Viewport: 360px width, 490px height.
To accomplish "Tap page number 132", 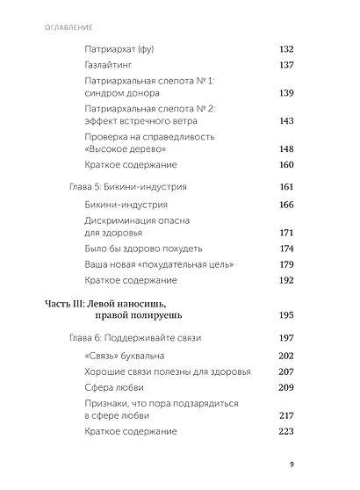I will coord(286,48).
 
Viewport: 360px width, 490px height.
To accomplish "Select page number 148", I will coord(286,149).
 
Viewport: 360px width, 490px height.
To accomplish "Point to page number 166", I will coord(286,205).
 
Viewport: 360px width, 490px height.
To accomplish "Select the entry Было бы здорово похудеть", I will coord(145,249).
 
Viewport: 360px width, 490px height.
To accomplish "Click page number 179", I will coord(286,264).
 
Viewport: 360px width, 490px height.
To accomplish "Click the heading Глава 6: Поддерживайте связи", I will coord(135,337).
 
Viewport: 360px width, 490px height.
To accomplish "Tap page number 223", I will coord(286,431).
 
